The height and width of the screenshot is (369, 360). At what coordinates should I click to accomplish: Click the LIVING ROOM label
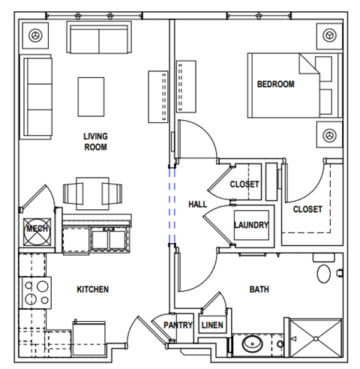click(x=95, y=142)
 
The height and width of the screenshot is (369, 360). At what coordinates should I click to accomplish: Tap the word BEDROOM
click(x=276, y=85)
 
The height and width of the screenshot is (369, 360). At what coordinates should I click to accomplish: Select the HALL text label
click(x=198, y=204)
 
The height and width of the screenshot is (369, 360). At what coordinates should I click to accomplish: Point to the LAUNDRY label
click(x=251, y=225)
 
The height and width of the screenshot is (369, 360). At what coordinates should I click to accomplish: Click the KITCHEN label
click(x=93, y=289)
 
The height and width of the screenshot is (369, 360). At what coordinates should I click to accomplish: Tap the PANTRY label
click(x=179, y=325)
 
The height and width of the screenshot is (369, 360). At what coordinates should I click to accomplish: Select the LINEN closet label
click(x=213, y=325)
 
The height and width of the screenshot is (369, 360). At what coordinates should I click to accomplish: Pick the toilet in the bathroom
click(x=324, y=272)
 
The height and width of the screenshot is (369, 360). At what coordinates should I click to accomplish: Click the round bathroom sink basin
click(x=252, y=346)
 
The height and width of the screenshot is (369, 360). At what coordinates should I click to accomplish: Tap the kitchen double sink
click(x=109, y=238)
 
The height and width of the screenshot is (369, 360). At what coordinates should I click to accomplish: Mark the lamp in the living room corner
click(x=35, y=35)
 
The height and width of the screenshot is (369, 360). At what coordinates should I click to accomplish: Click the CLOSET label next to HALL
click(x=244, y=184)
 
